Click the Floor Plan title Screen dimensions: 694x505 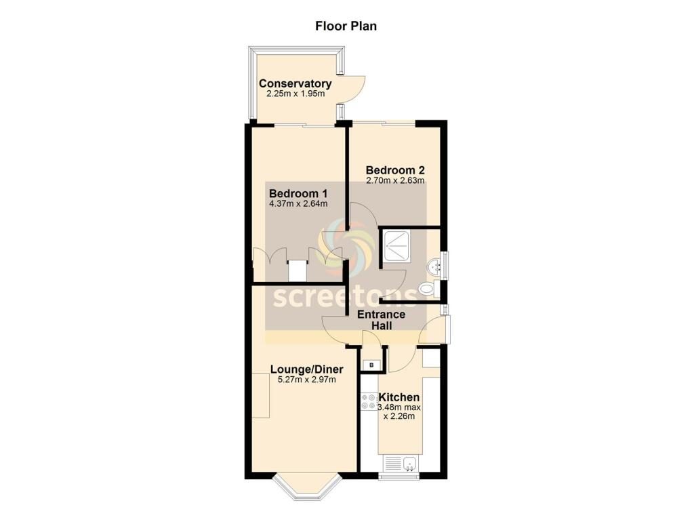[x=346, y=26]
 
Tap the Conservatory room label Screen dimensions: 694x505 [x=295, y=83]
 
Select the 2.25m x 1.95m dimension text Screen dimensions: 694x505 [x=295, y=94]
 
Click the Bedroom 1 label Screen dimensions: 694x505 [x=298, y=193]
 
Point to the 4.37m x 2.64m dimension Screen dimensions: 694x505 [x=298, y=204]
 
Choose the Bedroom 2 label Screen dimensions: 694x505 [x=395, y=170]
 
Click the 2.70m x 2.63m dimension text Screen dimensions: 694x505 [x=395, y=180]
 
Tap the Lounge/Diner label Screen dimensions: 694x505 [x=307, y=369]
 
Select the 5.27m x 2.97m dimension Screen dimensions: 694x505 [x=307, y=380]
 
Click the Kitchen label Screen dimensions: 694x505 [x=399, y=397]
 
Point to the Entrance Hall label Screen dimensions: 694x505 [x=381, y=320]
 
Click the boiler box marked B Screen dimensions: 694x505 [x=371, y=365]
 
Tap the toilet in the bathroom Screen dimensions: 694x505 [x=428, y=289]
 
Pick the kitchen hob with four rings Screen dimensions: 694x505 [x=369, y=401]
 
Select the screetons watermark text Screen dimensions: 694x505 [x=345, y=296]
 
